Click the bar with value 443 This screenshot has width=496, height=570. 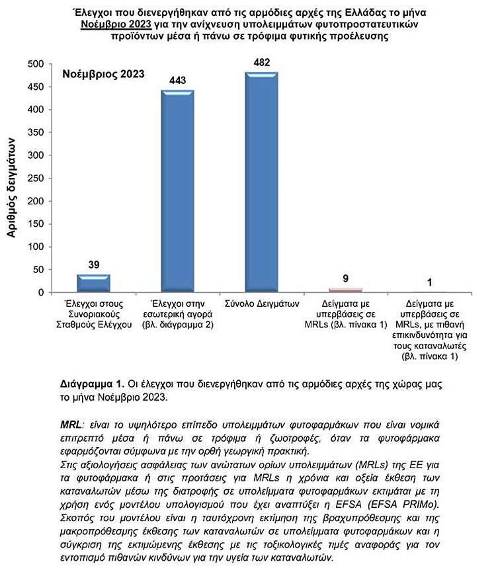(178, 192)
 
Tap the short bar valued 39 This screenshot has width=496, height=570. (93, 284)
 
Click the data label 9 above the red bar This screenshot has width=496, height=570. (346, 279)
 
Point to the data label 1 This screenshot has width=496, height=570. (429, 282)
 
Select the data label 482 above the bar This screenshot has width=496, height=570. (262, 62)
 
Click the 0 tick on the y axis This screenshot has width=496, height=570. (40, 293)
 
